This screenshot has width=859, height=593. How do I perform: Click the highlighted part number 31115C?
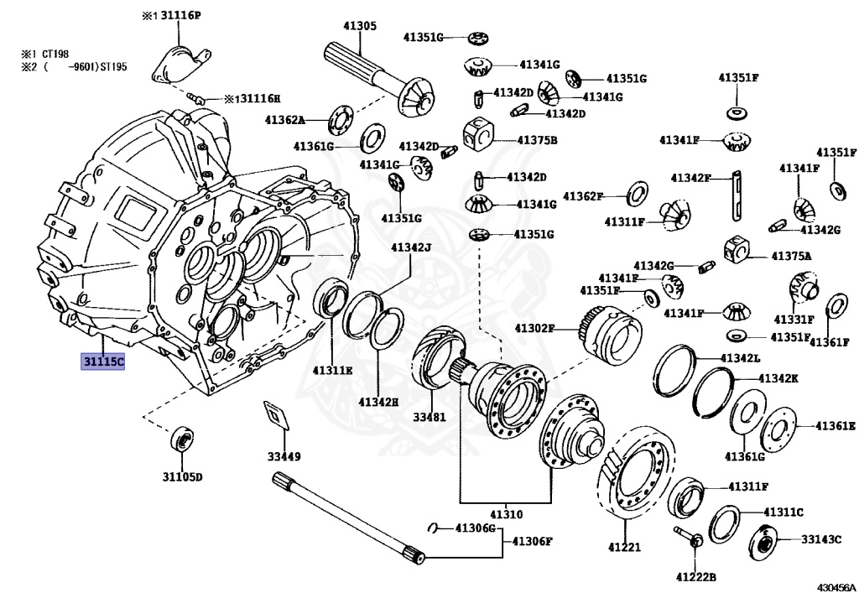[x=103, y=362]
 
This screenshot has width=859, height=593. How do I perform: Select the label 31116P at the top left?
[x=180, y=16]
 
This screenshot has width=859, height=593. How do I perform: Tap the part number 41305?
[x=360, y=26]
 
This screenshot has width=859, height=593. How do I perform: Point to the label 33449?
[x=284, y=456]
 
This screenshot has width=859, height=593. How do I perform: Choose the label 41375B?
[x=537, y=140]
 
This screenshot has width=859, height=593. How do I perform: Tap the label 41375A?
[x=792, y=257]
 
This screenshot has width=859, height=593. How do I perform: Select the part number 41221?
[x=624, y=547]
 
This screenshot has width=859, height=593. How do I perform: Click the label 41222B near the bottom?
[x=695, y=576]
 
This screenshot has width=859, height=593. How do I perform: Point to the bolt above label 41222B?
[x=689, y=536]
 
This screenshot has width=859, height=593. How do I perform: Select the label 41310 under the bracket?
[x=506, y=514]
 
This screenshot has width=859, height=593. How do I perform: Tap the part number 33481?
[x=429, y=417]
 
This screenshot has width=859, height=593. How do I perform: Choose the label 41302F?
[x=534, y=328]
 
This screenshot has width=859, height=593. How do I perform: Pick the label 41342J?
[x=411, y=247]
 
